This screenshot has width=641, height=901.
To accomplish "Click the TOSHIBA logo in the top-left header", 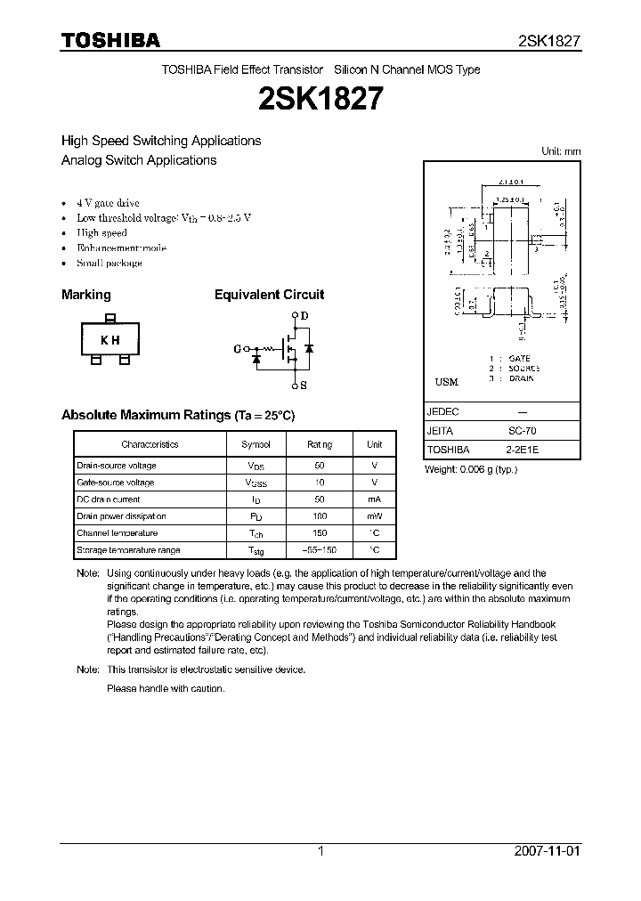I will (110, 40).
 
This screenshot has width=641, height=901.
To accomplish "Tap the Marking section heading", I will (85, 295).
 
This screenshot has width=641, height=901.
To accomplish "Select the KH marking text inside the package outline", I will (110, 340).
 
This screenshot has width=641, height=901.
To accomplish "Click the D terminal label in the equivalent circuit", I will (304, 316).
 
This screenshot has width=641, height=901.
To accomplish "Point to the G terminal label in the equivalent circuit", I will (238, 349).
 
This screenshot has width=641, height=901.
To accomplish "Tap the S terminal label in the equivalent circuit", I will (304, 385).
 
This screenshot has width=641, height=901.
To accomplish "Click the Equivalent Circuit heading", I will (269, 295).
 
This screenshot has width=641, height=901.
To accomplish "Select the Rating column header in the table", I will (320, 444).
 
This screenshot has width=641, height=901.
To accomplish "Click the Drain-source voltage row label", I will (117, 466).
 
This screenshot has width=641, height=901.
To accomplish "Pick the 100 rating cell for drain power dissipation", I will (320, 516).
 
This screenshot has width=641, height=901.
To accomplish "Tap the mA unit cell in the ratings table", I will (374, 499).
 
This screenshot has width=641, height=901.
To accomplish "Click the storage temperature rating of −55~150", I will (320, 550).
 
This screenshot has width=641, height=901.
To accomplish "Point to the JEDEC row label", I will (442, 412).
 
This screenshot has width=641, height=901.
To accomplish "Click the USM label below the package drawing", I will (446, 382).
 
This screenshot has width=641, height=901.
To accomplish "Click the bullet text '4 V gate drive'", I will (108, 203).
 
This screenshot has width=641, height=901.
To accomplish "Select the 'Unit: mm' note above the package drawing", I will (561, 151).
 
